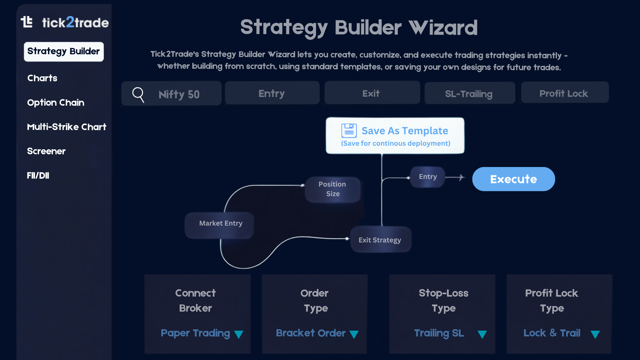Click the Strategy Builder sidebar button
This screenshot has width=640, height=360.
point(64,52)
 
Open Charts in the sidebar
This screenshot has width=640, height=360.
point(42,78)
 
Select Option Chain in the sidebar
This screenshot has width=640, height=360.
point(56,102)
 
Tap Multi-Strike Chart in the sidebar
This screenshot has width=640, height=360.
point(67,127)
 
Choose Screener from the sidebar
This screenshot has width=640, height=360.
point(46,151)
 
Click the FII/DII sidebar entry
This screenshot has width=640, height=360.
point(38,175)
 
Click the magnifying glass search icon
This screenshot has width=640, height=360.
point(138,94)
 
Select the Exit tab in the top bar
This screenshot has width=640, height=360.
point(371,93)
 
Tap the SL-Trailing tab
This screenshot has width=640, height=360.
point(469,94)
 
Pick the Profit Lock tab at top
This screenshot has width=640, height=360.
point(564,93)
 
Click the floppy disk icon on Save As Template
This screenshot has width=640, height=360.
point(349,131)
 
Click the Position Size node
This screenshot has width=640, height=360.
point(332,189)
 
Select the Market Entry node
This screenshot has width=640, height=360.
point(220,223)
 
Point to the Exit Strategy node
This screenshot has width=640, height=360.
point(380,240)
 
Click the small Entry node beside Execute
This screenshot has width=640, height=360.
point(428,177)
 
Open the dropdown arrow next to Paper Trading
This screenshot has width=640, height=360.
point(239,334)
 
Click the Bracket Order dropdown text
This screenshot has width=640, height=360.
point(311,333)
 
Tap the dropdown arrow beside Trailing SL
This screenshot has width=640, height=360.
point(482,334)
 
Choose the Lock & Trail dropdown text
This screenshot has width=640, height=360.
point(552,333)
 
